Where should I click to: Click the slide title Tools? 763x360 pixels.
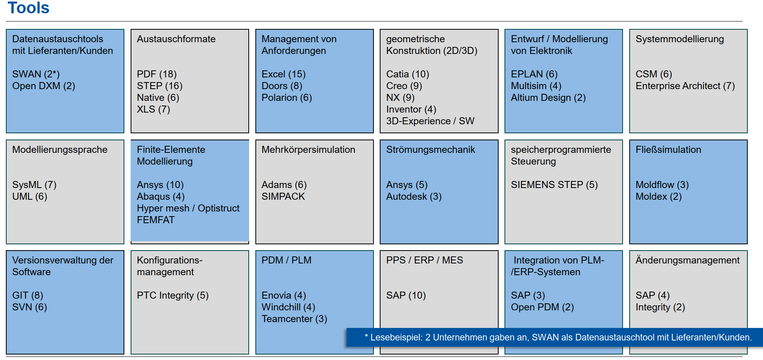(29, 7)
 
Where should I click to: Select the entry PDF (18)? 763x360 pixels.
(156, 74)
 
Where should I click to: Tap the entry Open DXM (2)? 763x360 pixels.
(43, 86)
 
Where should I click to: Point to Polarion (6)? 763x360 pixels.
(287, 97)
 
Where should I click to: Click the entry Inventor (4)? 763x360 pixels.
(411, 109)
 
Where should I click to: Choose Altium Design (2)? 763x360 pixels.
(548, 97)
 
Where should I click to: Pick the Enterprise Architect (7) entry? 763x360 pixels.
(685, 86)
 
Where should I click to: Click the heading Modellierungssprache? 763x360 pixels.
(60, 150)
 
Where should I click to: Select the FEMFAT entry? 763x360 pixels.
(156, 220)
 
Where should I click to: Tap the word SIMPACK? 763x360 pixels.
(283, 196)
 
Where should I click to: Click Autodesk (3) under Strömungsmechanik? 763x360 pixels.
(414, 196)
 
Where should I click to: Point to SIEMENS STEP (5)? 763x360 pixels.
(554, 184)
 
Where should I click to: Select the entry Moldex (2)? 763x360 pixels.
(659, 196)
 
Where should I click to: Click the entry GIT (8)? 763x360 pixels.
(27, 295)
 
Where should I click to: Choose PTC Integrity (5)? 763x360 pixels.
(172, 295)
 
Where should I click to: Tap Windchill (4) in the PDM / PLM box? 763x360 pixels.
(288, 307)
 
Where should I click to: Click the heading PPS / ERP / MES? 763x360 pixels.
(424, 260)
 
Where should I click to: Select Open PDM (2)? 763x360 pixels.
(542, 307)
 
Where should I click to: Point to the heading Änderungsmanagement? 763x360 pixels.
(688, 260)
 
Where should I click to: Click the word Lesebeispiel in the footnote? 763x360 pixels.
(396, 337)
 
